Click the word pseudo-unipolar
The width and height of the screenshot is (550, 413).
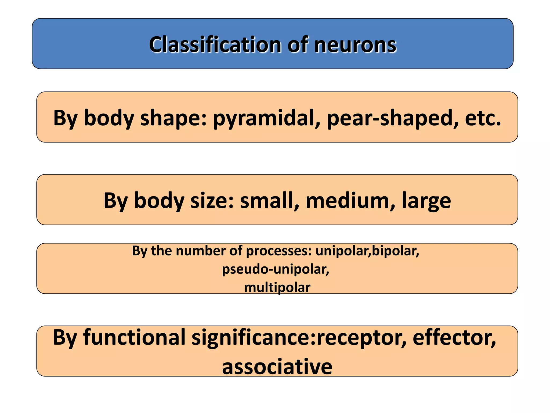pyautogui.click(x=276, y=269)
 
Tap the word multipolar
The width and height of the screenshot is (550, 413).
pyautogui.click(x=277, y=287)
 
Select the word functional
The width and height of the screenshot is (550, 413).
pyautogui.click(x=134, y=337)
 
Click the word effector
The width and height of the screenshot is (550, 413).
pyautogui.click(x=454, y=337)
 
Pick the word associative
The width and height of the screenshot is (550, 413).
pyautogui.click(x=277, y=367)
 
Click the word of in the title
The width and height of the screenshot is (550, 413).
pyautogui.click(x=298, y=45)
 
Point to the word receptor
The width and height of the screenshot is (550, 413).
pyautogui.click(x=361, y=337)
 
